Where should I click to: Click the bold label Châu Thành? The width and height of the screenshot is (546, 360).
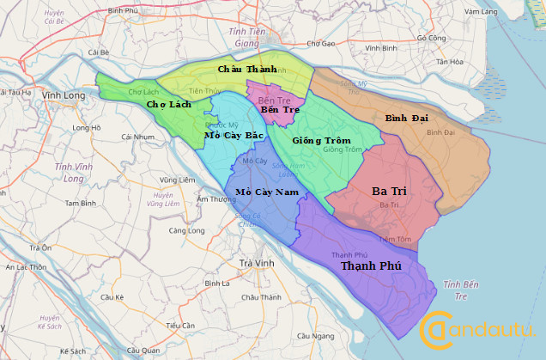[x=247, y=69]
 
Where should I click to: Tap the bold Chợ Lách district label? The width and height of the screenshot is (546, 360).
[x=168, y=103]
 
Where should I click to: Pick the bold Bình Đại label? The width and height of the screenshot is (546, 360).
[x=408, y=117]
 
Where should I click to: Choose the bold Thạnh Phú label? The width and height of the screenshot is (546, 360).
[x=372, y=266]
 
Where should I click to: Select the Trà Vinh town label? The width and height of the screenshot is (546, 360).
[x=256, y=262]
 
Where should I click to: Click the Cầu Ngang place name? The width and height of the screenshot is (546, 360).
[x=314, y=336]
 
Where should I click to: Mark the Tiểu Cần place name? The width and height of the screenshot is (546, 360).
[x=181, y=326]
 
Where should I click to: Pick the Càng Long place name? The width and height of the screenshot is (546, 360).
[x=186, y=230]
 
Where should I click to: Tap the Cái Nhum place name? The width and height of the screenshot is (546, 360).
[x=137, y=137]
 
